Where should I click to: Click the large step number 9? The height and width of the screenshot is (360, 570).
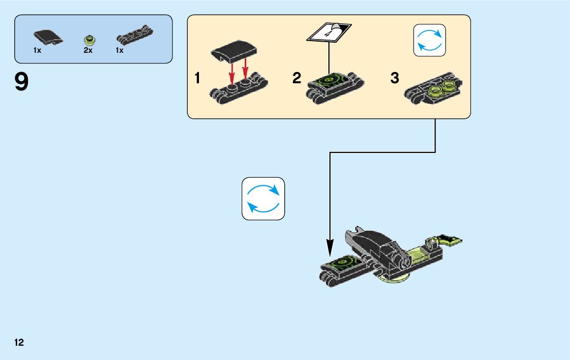(x=22, y=82)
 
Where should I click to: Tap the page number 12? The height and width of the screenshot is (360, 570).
(x=19, y=342)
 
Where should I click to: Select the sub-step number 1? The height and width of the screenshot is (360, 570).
(x=197, y=79)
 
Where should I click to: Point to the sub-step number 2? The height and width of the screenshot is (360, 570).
(x=296, y=79)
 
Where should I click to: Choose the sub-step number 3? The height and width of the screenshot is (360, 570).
(x=395, y=79)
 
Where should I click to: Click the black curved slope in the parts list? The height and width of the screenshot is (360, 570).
(x=48, y=37)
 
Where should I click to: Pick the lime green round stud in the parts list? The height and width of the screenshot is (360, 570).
(x=90, y=39)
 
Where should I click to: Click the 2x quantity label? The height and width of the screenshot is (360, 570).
(x=88, y=51)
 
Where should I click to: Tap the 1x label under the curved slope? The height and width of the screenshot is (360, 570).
(x=37, y=51)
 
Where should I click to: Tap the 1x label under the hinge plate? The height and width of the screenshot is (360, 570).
(x=120, y=51)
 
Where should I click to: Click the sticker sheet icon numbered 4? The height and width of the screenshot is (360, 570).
(x=329, y=32)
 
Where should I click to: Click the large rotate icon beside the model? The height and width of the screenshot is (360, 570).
(x=263, y=199)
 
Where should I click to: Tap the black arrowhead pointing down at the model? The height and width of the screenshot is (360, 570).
(x=330, y=249)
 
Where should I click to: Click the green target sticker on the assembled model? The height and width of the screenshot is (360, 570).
(x=343, y=264)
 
